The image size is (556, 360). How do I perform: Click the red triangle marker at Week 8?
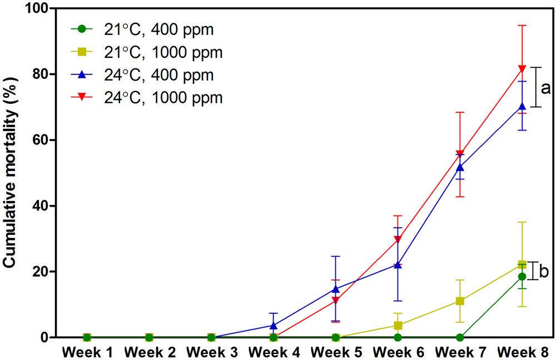point(522,69)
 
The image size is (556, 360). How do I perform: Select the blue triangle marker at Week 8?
point(522,106)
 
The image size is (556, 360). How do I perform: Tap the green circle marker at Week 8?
point(522,276)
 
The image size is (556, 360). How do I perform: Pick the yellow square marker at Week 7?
point(460,301)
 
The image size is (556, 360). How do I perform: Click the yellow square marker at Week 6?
point(398,326)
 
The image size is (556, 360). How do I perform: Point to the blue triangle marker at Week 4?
point(274,325)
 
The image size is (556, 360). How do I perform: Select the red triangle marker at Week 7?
point(460,154)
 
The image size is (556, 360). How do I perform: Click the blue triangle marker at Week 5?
point(336,288)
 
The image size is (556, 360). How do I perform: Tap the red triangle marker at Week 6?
point(398,239)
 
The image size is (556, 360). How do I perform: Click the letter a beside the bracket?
point(546,87)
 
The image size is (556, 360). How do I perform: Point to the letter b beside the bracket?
point(544,271)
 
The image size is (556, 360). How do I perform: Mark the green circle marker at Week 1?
point(87,337)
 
